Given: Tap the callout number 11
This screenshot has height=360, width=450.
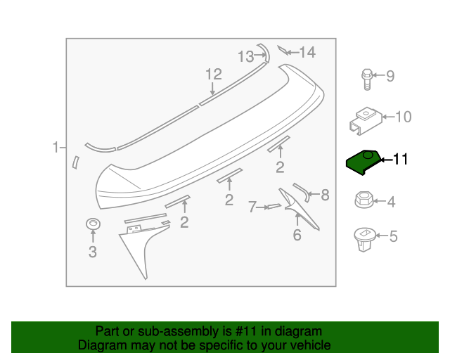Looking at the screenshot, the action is (x=399, y=160).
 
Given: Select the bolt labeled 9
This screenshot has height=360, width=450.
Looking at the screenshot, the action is (x=367, y=78).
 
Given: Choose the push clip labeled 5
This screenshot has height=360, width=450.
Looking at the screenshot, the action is (x=364, y=238).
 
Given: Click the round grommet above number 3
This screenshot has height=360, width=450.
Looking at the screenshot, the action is (x=92, y=224).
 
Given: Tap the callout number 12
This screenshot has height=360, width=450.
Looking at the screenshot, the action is (x=213, y=74).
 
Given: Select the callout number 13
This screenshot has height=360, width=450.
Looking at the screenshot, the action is (x=245, y=56).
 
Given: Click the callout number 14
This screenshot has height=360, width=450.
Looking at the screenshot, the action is (x=308, y=52).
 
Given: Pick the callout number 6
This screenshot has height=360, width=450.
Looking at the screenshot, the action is (x=297, y=235).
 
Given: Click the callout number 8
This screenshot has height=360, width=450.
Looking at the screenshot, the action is (x=325, y=195).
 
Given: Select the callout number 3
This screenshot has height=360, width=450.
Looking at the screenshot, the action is (x=92, y=252).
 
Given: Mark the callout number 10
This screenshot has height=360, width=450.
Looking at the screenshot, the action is (x=404, y=117).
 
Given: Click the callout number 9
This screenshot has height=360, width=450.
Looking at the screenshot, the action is (x=390, y=76).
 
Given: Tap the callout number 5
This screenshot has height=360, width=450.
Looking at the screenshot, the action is (x=393, y=237).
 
